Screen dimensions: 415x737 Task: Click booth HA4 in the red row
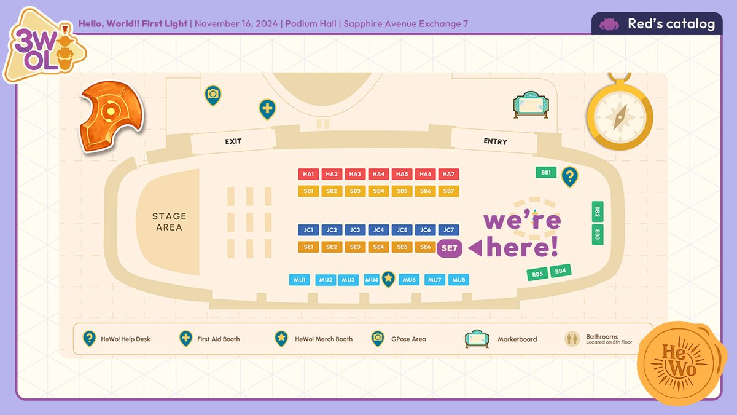(379, 175)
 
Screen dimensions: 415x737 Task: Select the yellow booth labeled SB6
(426, 191)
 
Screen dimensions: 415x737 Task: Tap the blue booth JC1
(309, 231)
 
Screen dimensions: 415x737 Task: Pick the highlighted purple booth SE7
(450, 248)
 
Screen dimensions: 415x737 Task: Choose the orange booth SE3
(355, 247)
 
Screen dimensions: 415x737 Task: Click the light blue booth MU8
(458, 280)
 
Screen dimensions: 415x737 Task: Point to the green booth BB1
(545, 173)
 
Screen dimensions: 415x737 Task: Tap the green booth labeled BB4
(561, 271)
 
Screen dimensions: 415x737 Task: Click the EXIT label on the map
(233, 141)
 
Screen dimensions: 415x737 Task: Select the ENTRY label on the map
(495, 141)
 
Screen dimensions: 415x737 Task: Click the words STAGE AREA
(169, 221)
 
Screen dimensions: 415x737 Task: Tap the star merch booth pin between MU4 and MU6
(388, 279)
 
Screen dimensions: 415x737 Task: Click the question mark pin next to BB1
(570, 177)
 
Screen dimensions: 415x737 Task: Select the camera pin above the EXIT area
(213, 95)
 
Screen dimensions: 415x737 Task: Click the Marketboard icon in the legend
(477, 339)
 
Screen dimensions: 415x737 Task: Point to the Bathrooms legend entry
(599, 339)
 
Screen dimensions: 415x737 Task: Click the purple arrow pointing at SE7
(475, 248)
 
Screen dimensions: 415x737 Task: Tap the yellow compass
(619, 114)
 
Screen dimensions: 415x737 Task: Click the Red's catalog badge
(657, 24)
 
